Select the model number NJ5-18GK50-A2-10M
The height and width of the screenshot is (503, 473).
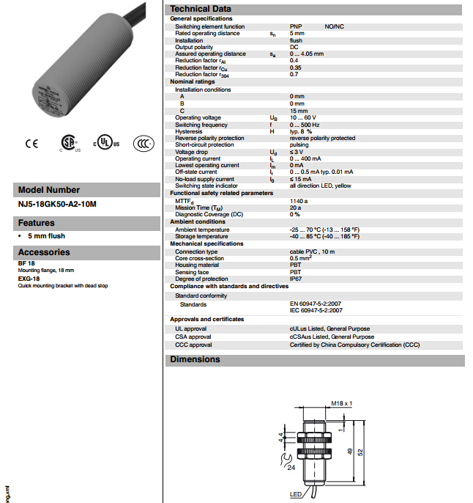click(x=58, y=204)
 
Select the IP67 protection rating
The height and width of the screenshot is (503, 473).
click(x=296, y=279)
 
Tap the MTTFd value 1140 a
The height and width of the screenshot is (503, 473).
click(x=299, y=200)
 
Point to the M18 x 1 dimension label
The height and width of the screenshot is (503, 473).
click(x=341, y=403)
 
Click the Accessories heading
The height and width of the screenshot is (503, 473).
click(x=44, y=252)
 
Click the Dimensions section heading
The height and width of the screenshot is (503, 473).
click(x=195, y=360)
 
